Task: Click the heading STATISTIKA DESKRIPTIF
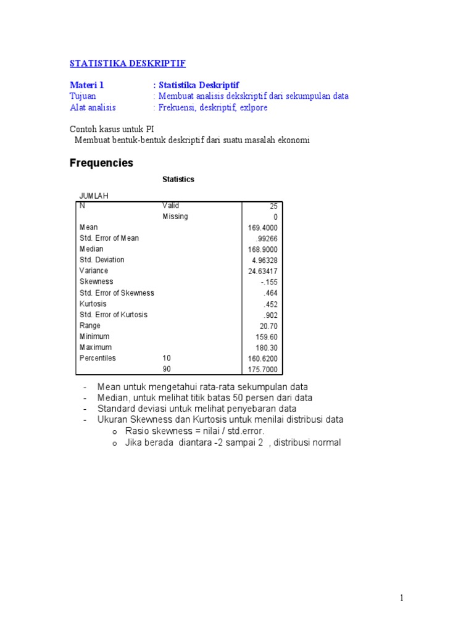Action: (128, 64)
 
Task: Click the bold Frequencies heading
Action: (101, 164)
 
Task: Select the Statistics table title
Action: (178, 180)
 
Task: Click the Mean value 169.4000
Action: (263, 228)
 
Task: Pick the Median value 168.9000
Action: (263, 249)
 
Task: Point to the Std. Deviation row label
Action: (102, 260)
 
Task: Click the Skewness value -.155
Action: (269, 282)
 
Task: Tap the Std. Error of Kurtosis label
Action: (114, 315)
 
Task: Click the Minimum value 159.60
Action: (267, 337)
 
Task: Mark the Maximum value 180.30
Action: (267, 348)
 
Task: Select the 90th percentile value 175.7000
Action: (263, 370)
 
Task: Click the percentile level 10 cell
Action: (167, 359)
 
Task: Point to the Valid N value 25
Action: (273, 206)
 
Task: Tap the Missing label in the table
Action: (175, 217)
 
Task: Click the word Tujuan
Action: (83, 96)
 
